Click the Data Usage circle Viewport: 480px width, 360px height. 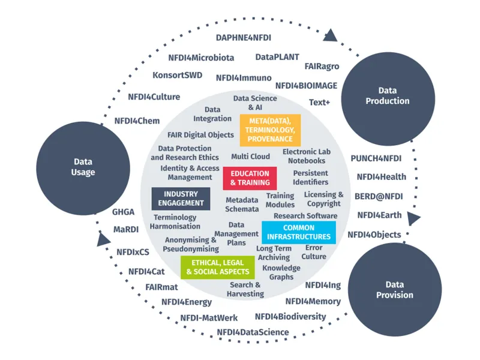83,167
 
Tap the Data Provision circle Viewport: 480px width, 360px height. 394,290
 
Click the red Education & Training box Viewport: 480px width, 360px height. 250,178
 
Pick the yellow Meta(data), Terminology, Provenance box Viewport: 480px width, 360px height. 270,130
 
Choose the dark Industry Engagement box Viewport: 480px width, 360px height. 181,199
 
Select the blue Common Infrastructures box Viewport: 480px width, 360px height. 299,232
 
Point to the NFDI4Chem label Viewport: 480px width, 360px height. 137,121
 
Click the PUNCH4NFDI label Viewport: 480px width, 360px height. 376,159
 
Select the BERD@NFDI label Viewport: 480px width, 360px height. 379,196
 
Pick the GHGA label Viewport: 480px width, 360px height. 124,212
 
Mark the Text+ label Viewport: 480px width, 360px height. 319,102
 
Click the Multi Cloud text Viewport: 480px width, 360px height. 251,157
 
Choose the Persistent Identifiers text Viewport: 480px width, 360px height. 311,178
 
